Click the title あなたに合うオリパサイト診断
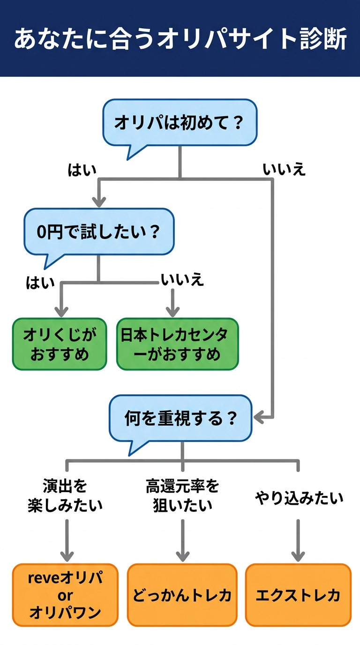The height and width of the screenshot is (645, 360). [180, 38]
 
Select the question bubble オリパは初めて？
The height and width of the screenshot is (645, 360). [180, 123]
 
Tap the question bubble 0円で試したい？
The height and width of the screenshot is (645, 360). [98, 232]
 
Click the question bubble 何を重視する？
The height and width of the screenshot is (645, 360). [180, 418]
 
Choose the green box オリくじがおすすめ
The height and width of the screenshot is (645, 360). [60, 344]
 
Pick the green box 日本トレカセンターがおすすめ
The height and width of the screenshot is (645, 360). [177, 344]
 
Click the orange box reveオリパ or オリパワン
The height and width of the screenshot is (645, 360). [65, 595]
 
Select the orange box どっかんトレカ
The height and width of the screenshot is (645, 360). [182, 595]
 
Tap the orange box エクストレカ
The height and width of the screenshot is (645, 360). [298, 595]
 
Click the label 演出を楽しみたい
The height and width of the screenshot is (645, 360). [65, 496]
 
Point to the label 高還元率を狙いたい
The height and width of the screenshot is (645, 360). [182, 496]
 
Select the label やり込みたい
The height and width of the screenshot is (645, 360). [299, 498]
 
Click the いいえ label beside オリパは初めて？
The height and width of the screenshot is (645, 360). [284, 169]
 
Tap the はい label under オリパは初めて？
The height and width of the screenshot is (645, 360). [82, 170]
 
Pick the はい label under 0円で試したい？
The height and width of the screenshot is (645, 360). [40, 283]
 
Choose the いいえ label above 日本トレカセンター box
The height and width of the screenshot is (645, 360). [182, 280]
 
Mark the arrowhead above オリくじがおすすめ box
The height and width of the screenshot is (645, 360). [61, 311]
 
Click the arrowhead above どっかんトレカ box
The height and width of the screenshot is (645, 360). [182, 555]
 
